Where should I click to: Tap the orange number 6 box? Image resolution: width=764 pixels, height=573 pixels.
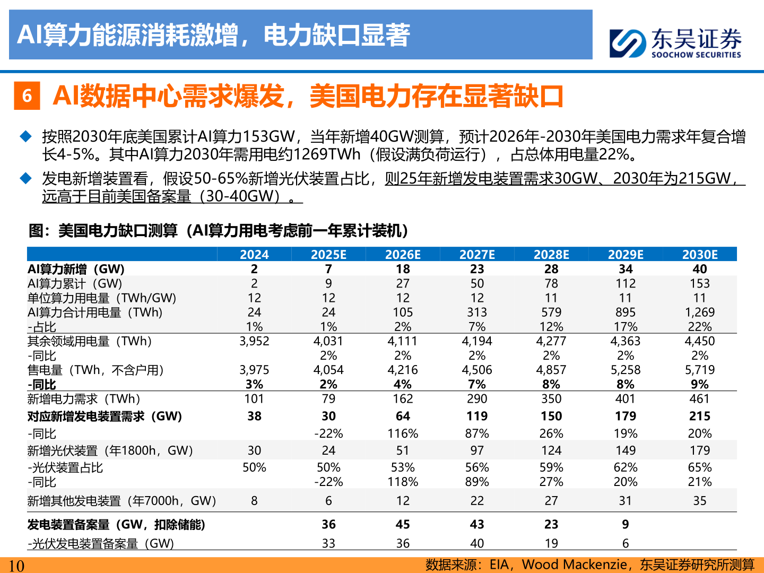point(27,96)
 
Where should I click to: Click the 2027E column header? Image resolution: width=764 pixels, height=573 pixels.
point(477,255)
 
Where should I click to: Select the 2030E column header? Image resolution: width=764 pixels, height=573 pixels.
point(699,255)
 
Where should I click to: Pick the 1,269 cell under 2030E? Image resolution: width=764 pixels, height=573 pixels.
point(699,312)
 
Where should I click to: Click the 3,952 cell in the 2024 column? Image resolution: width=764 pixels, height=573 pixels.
point(254,341)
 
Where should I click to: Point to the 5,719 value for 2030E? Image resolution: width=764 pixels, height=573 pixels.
point(699,370)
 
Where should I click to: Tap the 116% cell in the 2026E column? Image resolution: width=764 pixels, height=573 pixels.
point(403,433)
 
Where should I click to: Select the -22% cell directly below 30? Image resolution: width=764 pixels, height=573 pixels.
point(328,433)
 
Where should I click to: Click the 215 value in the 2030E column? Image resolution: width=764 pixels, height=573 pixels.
point(699,416)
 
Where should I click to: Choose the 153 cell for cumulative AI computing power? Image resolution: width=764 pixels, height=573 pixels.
point(699,284)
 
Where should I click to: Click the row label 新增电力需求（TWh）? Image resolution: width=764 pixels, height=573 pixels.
point(84,399)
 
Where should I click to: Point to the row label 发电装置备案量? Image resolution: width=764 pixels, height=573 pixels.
point(116,525)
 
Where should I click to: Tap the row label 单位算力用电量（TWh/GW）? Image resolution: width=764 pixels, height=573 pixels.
point(102,298)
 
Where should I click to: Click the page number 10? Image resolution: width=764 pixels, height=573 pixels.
point(16,566)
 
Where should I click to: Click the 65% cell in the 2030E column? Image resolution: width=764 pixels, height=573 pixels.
point(699,467)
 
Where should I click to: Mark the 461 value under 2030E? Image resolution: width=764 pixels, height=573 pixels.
point(699,399)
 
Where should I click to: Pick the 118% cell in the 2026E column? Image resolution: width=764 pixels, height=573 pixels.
point(403,482)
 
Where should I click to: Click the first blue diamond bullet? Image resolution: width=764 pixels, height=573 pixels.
point(25,137)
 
